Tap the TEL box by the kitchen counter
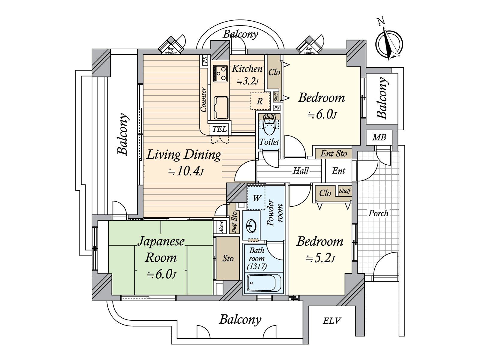tap(220, 129)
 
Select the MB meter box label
tap(379, 137)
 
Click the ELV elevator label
tap(332, 321)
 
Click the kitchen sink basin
tap(221, 108)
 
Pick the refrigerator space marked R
tap(259, 101)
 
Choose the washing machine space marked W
tap(256, 198)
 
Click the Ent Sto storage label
tap(334, 153)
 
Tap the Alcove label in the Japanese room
tap(221, 227)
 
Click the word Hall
tap(301, 171)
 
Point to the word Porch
tap(378, 213)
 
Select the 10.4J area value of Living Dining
tap(186, 172)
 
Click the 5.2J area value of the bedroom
tap(320, 259)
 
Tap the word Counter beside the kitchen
tap(204, 100)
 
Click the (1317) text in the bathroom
tap(257, 266)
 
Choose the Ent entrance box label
tap(338, 171)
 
